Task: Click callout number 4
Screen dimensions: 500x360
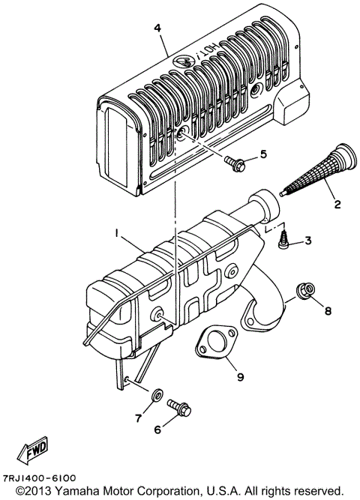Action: coord(157,28)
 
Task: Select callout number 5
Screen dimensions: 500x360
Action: coord(262,154)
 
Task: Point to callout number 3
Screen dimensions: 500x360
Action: coord(308,240)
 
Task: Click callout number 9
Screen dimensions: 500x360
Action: coord(241,376)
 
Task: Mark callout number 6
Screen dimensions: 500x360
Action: coord(158,430)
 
